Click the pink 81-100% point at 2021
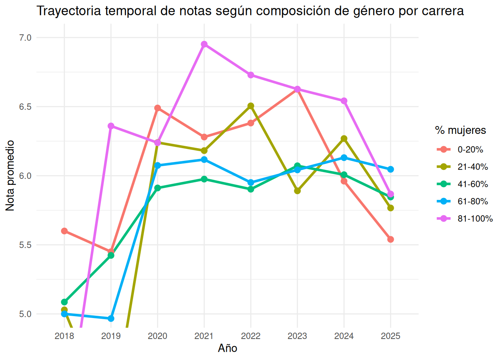[204, 44]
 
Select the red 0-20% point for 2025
[391, 239]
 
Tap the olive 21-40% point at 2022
[251, 106]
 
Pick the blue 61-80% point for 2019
[111, 319]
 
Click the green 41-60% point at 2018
[64, 302]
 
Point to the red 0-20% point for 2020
[157, 108]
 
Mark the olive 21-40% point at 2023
[297, 191]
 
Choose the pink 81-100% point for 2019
[111, 126]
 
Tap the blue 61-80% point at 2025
[391, 169]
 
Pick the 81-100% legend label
[475, 219]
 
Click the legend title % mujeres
[460, 130]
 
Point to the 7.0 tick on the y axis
[25, 37]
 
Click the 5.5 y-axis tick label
[25, 245]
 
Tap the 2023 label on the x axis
[297, 336]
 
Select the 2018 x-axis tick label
[64, 336]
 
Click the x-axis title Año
[228, 348]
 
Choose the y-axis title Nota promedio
[10, 175]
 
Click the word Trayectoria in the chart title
[69, 11]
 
